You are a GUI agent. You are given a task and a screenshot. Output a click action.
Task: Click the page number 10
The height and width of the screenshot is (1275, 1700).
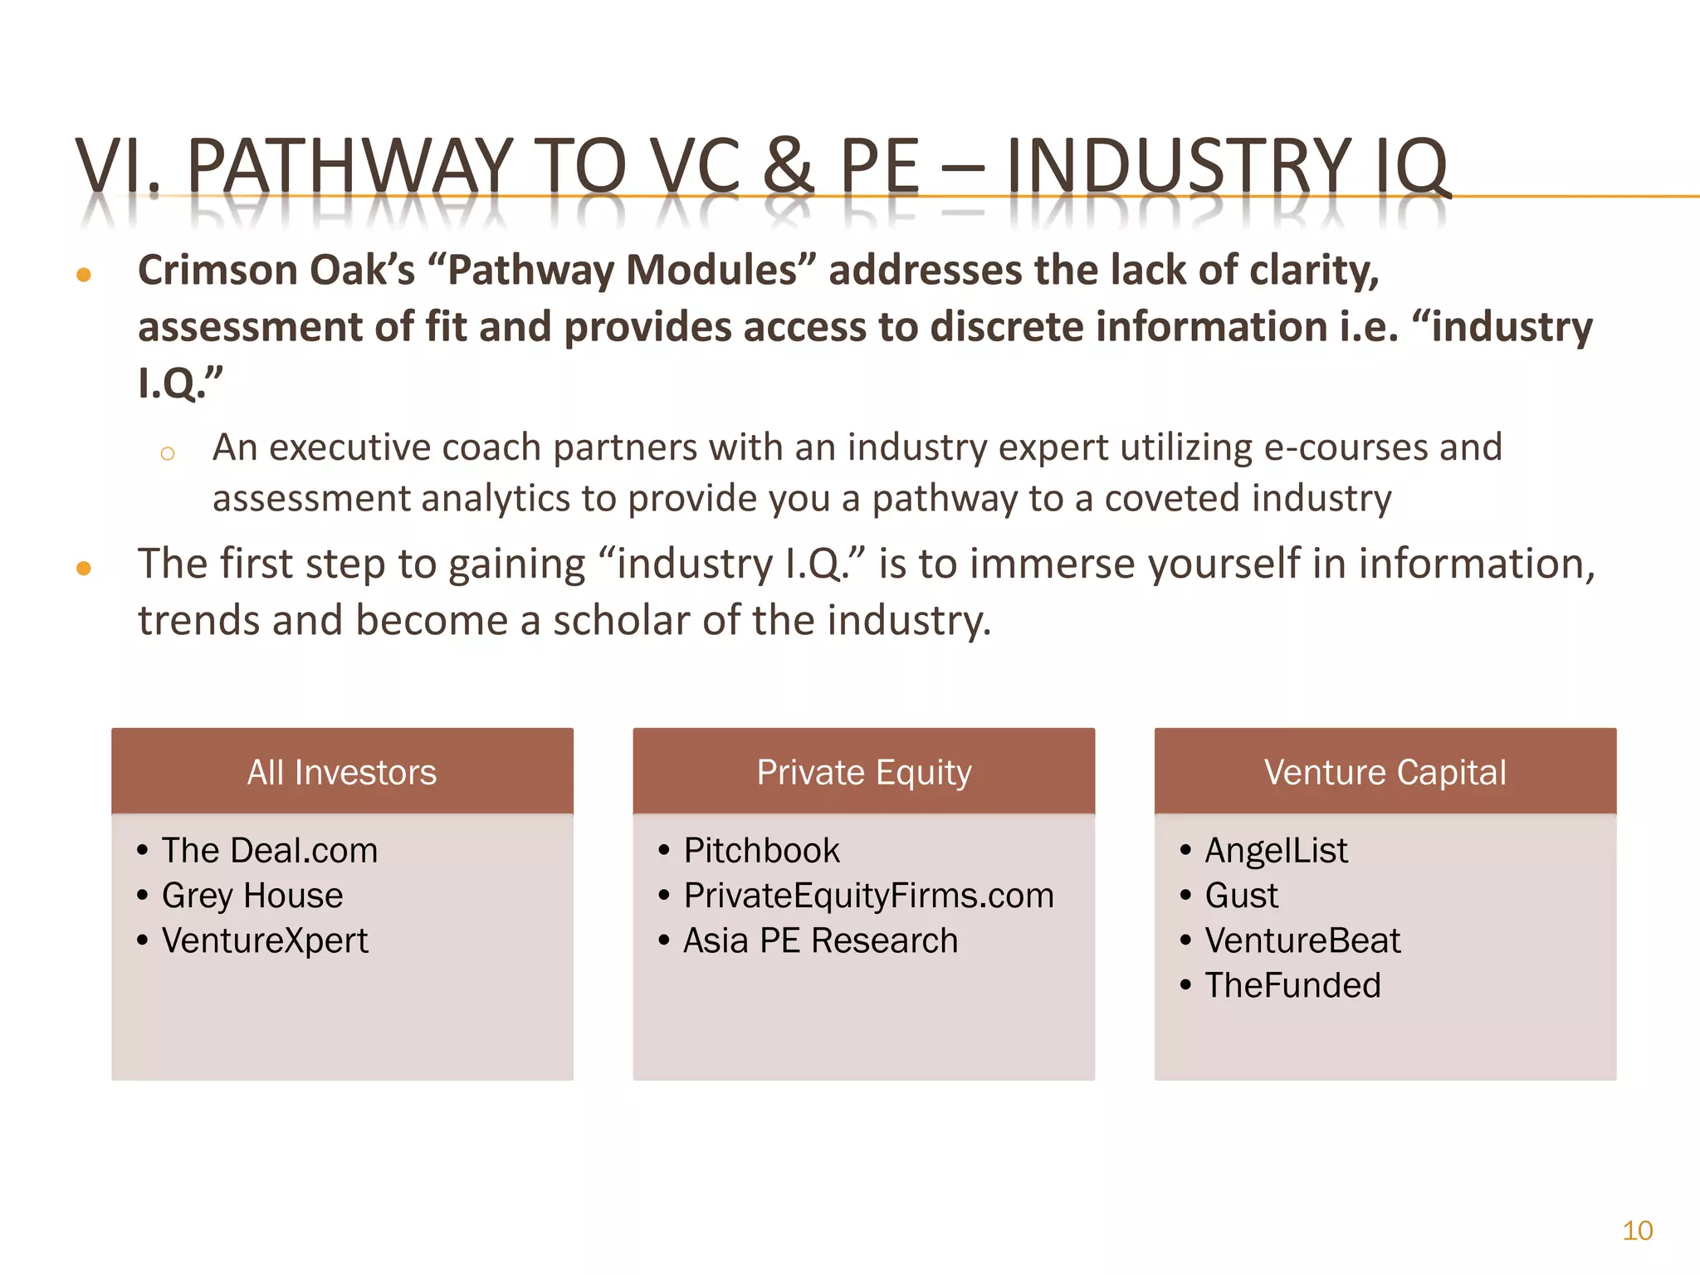[1637, 1230]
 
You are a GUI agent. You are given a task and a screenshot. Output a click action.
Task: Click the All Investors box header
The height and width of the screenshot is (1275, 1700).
[342, 772]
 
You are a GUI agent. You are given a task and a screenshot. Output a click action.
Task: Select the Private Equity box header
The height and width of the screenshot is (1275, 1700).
[863, 772]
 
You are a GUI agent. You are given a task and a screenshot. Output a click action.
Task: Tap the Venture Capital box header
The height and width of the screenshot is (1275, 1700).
[1385, 772]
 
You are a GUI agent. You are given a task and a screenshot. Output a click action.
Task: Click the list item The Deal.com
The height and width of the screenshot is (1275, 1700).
[269, 851]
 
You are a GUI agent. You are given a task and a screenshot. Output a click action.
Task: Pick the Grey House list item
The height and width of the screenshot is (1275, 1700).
[252, 896]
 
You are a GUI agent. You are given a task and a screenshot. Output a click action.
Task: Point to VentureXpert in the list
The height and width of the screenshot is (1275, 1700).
[264, 940]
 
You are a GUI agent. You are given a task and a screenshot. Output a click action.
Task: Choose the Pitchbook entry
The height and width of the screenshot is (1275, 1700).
[761, 851]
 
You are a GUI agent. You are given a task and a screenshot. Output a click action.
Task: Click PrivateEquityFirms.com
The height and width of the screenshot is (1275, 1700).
[868, 896]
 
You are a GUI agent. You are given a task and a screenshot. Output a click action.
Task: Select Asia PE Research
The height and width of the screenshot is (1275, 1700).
[820, 940]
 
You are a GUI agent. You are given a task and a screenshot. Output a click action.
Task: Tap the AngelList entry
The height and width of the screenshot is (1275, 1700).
[1276, 851]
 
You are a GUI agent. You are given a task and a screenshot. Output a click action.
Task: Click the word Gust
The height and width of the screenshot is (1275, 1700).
[1241, 896]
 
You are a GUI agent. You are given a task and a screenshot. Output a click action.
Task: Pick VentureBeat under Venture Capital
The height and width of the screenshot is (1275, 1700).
[1302, 940]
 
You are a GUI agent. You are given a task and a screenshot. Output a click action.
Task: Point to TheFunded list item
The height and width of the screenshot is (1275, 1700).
[1292, 985]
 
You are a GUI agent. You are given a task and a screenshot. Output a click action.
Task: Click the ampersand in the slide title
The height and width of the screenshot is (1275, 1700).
[788, 166]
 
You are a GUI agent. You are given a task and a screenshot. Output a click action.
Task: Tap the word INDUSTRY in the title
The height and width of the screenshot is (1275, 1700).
[1179, 166]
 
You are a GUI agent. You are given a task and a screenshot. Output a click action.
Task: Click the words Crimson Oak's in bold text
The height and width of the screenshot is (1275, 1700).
[276, 271]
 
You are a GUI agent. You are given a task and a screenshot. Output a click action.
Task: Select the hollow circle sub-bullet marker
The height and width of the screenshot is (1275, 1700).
[168, 453]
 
